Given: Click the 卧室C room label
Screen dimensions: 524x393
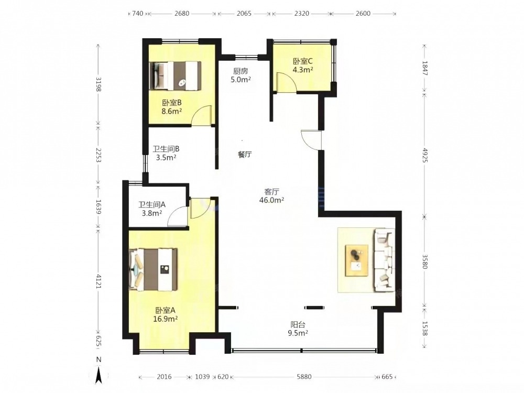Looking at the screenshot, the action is click(303, 61).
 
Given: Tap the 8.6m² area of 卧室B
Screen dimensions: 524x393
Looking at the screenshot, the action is click(172, 111).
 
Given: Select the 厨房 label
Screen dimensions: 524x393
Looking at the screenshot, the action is click(241, 71).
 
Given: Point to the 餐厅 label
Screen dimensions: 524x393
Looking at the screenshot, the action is click(245, 155).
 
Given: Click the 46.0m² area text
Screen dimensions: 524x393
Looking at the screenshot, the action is click(271, 200).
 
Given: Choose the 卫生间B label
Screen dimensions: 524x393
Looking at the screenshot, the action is click(166, 149).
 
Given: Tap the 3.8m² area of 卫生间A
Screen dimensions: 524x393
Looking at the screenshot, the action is click(152, 213).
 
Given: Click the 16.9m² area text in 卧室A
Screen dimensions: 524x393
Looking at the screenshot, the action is click(166, 319).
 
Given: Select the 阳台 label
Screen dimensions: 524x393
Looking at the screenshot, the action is click(298, 324).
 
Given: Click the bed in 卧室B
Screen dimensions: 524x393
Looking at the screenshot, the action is click(175, 75).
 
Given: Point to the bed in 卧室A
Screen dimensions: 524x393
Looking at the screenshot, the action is click(153, 269).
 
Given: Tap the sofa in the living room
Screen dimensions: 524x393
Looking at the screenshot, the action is click(384, 260).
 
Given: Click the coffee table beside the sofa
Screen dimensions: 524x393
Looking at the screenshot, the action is click(357, 260).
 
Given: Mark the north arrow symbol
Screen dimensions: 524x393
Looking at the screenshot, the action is click(99, 374).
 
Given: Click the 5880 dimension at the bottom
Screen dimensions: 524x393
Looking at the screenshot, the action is click(304, 377).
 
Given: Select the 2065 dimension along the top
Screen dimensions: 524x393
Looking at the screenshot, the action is click(244, 14).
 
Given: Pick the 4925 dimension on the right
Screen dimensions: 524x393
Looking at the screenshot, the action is click(425, 155).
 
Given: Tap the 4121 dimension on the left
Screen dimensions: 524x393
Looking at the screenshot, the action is click(99, 281).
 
